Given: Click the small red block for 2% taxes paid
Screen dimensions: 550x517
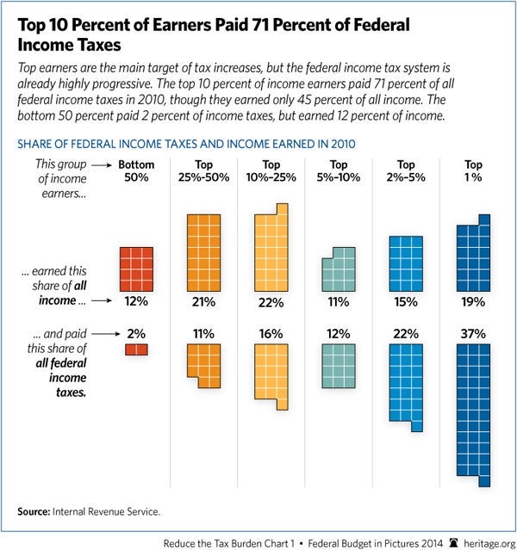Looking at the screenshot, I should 136,349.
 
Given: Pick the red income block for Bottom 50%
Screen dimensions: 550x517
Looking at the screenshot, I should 136,269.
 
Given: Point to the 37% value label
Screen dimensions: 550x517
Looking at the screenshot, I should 473,332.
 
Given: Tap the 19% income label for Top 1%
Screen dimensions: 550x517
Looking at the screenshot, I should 473,302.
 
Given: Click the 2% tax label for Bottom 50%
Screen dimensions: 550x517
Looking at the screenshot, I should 136,332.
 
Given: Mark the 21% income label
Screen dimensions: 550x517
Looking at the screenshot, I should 203,302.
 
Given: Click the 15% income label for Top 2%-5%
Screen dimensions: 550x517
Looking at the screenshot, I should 406,302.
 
